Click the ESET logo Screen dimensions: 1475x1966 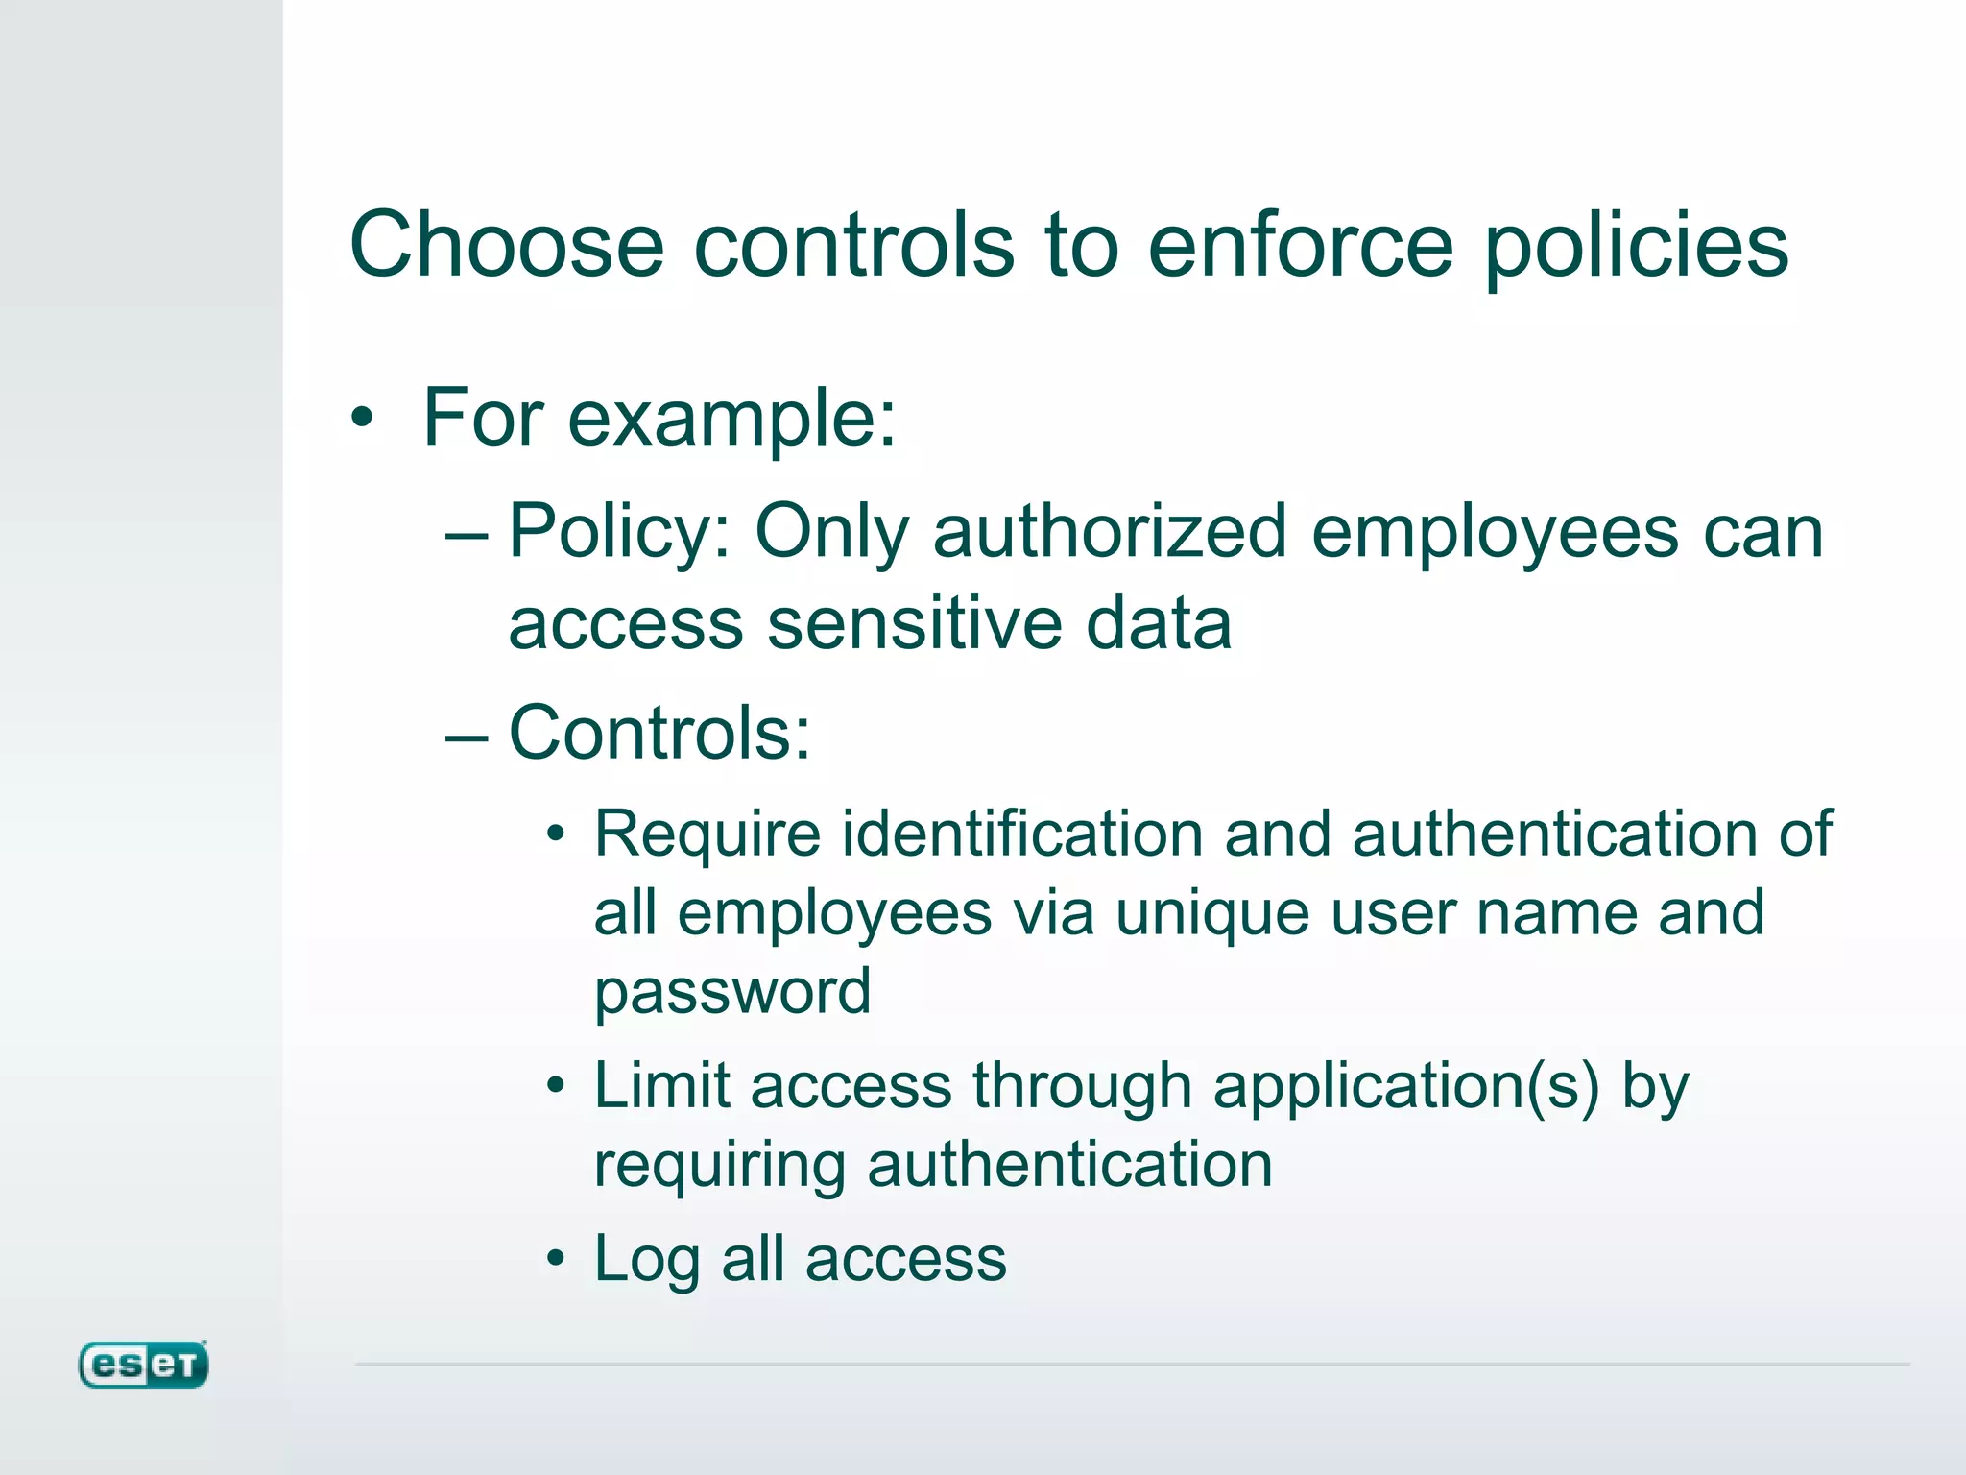click(143, 1365)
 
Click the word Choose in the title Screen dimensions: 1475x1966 click(507, 245)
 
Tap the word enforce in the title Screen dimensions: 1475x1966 click(1301, 245)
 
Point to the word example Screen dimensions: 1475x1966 click(732, 420)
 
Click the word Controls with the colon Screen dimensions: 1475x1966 click(659, 733)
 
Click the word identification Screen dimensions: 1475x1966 click(1022, 833)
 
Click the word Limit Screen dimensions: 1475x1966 click(661, 1086)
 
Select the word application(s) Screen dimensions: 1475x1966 click(1406, 1088)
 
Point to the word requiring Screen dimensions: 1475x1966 click(720, 1167)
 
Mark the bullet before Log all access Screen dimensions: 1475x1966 click(556, 1259)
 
